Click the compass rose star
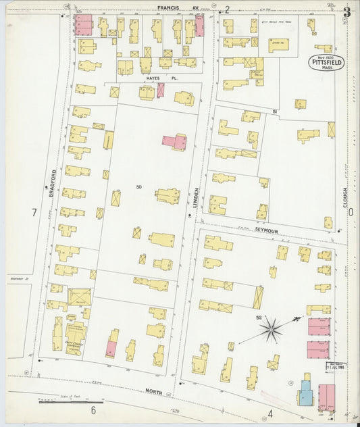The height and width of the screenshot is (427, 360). (272, 329)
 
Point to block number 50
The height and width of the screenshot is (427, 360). (139, 186)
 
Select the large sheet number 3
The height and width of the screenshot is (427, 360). (346, 11)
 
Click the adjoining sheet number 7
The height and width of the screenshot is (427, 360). (33, 213)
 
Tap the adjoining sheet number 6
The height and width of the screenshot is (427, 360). (94, 410)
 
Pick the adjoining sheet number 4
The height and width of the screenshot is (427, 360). (269, 413)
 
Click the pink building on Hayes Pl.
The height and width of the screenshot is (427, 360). (161, 91)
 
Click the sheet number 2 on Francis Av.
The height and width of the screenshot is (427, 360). (228, 9)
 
